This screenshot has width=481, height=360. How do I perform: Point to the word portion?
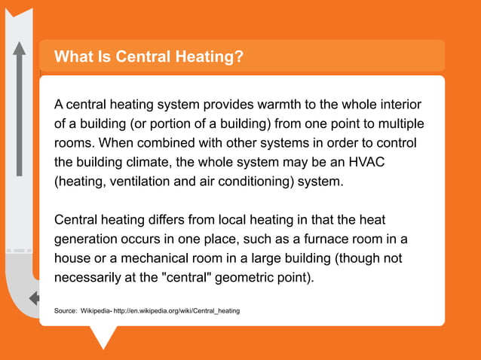pyautogui.click(x=184, y=123)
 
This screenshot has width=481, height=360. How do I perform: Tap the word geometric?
pyautogui.click(x=248, y=279)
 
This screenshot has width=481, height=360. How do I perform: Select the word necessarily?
pyautogui.click(x=89, y=279)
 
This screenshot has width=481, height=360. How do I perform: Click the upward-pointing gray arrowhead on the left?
pyautogui.click(x=19, y=49)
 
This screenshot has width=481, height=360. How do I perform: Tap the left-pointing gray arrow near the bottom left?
pyautogui.click(x=34, y=298)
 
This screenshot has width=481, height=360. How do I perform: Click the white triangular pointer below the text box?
pyautogui.click(x=103, y=337)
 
